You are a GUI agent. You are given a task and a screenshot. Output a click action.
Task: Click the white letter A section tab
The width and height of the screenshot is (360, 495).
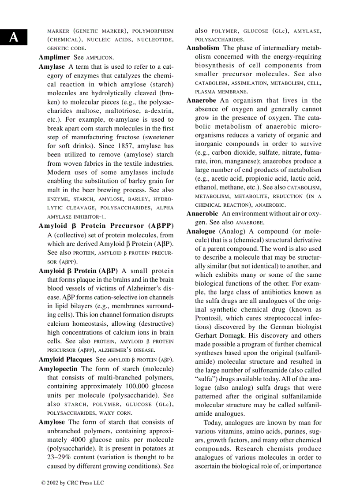14,37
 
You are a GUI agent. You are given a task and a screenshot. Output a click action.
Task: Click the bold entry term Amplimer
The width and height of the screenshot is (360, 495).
54,57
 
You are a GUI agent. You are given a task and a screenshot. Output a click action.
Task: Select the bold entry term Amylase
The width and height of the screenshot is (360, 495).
52,67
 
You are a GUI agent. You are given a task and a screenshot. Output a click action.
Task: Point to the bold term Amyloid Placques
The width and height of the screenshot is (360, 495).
65,359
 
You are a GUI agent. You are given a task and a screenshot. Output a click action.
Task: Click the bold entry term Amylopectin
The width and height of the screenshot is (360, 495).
59,368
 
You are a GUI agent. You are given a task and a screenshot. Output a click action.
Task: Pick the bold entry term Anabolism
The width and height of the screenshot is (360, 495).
202,48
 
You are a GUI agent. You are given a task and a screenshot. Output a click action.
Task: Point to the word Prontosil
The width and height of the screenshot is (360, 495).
209,318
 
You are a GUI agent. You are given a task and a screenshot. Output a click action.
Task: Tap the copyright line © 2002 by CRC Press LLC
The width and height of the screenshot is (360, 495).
72,483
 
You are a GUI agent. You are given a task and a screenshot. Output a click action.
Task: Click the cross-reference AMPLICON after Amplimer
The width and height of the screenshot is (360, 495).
99,58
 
